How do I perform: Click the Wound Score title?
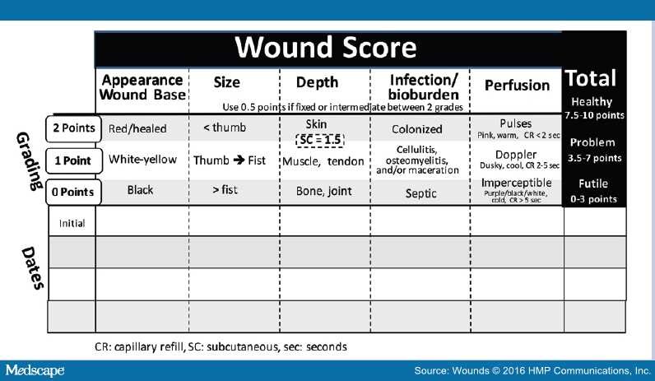tap(326, 49)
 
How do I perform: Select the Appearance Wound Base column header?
tap(142, 87)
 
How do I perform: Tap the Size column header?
tap(226, 83)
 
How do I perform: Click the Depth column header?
tap(316, 83)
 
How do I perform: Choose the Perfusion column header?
tap(517, 85)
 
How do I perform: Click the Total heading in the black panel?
tap(590, 79)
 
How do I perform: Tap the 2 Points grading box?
tap(72, 128)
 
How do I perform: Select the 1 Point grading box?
tap(72, 160)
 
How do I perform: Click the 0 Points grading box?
tap(72, 192)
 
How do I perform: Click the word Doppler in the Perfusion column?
tap(516, 155)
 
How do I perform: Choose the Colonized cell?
tap(417, 129)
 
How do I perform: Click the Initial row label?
tap(72, 222)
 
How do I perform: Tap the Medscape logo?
tap(35, 370)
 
